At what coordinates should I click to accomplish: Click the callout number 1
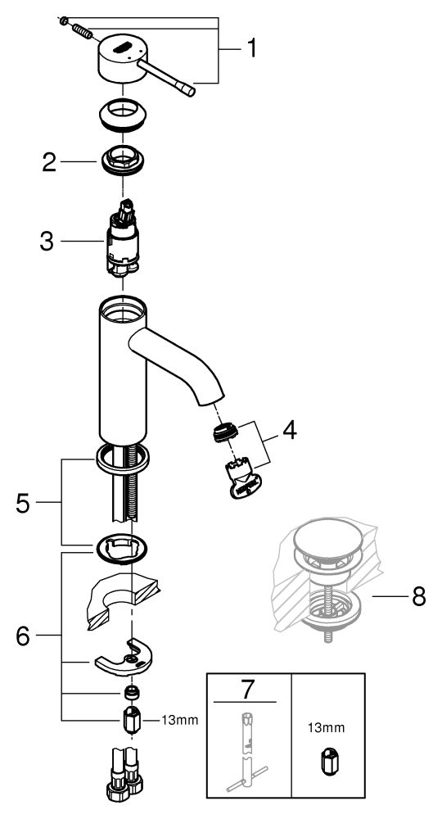(x=251, y=48)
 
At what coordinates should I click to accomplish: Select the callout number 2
(x=49, y=162)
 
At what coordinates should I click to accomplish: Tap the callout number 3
(x=47, y=242)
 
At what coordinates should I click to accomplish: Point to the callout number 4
(x=289, y=431)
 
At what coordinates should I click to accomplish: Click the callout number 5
(x=22, y=503)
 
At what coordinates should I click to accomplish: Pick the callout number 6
(x=22, y=636)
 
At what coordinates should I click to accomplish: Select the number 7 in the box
(x=246, y=690)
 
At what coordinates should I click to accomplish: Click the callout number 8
(x=418, y=596)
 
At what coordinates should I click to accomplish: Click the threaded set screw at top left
(x=82, y=31)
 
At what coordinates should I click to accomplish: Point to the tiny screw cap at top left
(x=63, y=21)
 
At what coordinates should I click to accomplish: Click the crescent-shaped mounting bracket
(x=123, y=659)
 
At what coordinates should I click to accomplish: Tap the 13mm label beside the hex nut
(x=180, y=721)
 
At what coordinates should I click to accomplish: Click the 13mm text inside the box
(x=327, y=728)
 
